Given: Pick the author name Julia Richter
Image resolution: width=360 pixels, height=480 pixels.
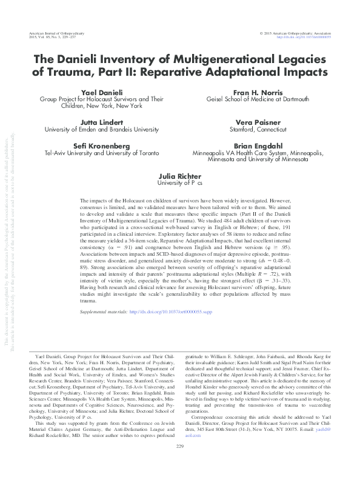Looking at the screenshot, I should tap(180, 175).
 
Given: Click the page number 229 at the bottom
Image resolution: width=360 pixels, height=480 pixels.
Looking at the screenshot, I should tap(180, 464).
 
